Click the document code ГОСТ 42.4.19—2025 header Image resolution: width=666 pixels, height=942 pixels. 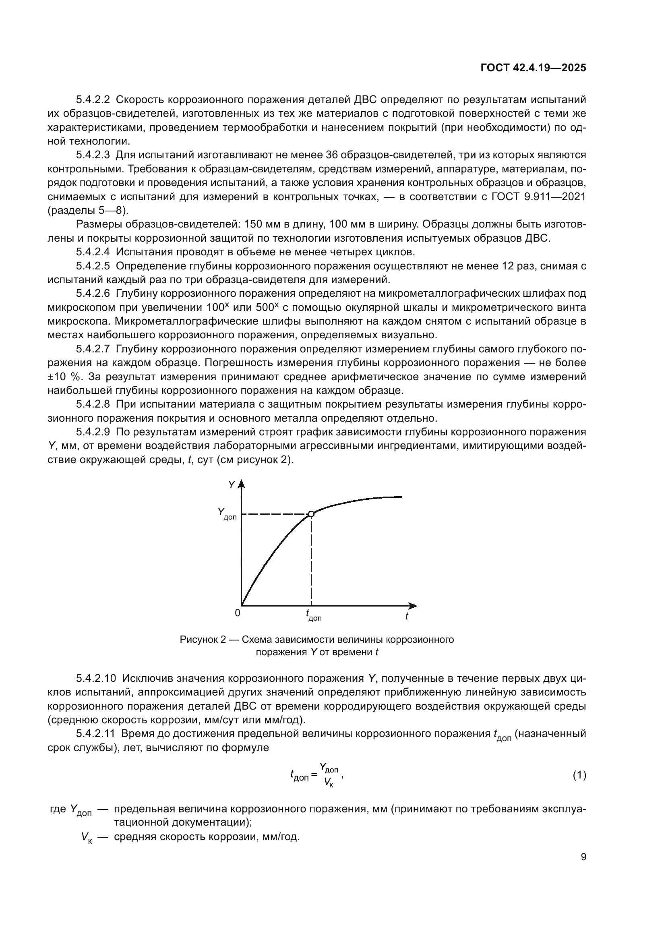coord(533,68)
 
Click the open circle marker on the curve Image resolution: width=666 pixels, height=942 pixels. coord(311,514)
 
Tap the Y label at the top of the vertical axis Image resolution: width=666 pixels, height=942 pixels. coord(231,485)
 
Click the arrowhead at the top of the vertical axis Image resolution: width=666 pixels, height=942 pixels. coord(242,484)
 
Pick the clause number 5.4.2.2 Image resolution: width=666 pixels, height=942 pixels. coord(93,100)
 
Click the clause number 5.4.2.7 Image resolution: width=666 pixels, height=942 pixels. coord(93,349)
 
